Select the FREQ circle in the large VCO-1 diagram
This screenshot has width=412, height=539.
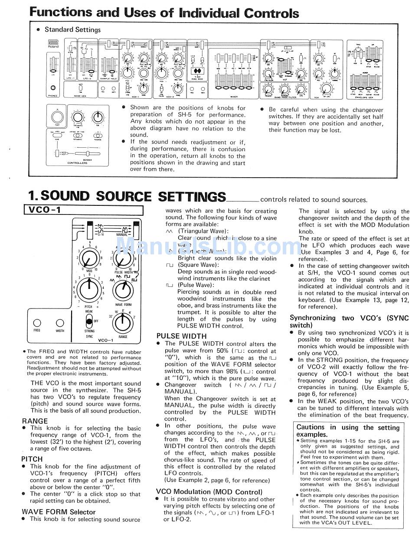coord(37,323)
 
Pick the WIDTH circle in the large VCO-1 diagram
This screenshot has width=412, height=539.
coord(60,323)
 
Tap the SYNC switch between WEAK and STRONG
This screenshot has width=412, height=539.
coord(89,321)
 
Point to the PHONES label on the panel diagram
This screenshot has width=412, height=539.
coord(53,95)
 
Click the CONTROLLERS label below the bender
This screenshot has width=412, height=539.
coord(77,163)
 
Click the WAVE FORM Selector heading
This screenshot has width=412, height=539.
coord(59,512)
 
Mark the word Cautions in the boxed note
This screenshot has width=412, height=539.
coord(311,427)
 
